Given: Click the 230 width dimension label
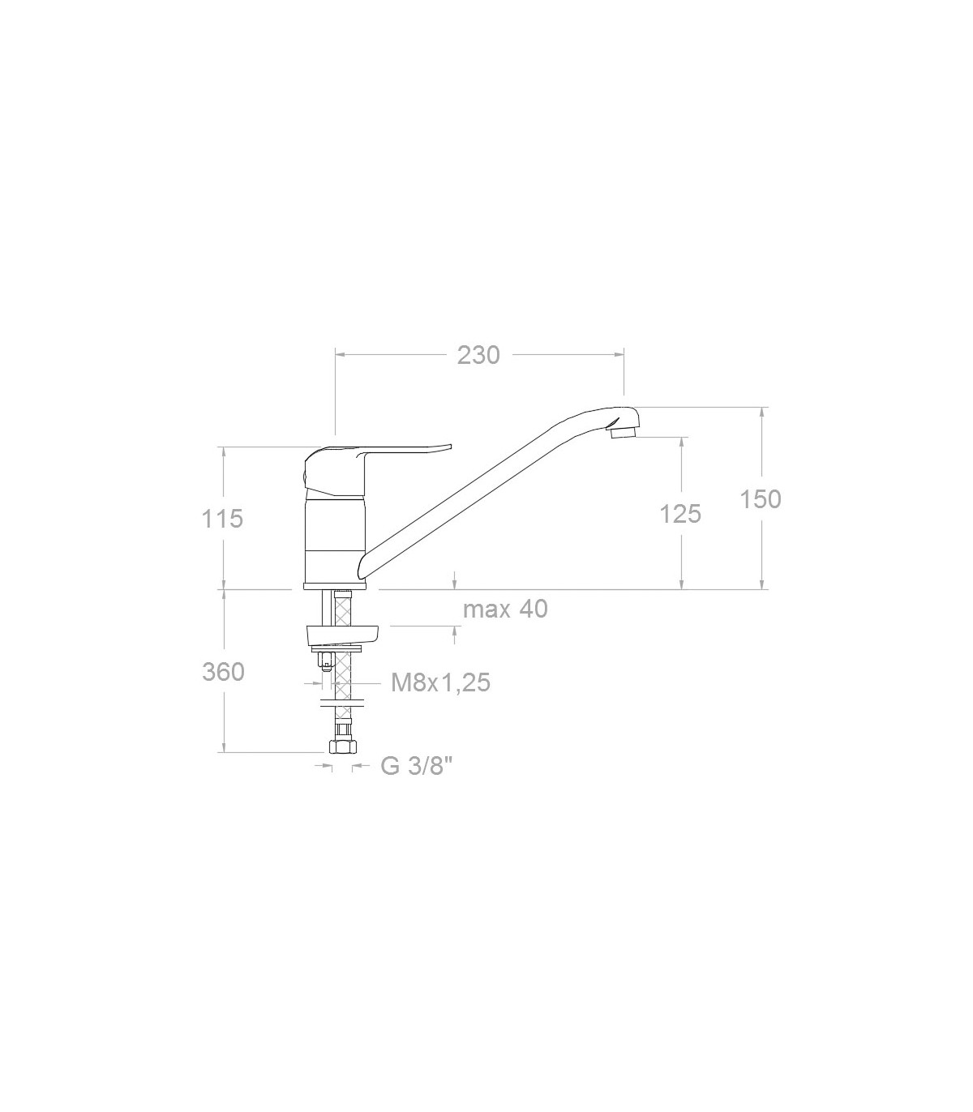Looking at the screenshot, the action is pyautogui.click(x=478, y=356).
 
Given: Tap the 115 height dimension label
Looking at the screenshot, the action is pyautogui.click(x=222, y=519).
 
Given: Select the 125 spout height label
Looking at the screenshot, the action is pyautogui.click(x=680, y=514).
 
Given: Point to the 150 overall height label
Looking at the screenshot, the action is pyautogui.click(x=761, y=499).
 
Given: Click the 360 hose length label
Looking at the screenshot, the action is pyautogui.click(x=224, y=673).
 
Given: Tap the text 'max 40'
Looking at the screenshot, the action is pyautogui.click(x=505, y=609).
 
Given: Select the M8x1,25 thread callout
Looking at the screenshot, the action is pyautogui.click(x=440, y=682).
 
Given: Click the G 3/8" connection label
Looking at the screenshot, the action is pyautogui.click(x=417, y=767).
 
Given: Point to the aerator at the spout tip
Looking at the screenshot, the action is pyautogui.click(x=624, y=433).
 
